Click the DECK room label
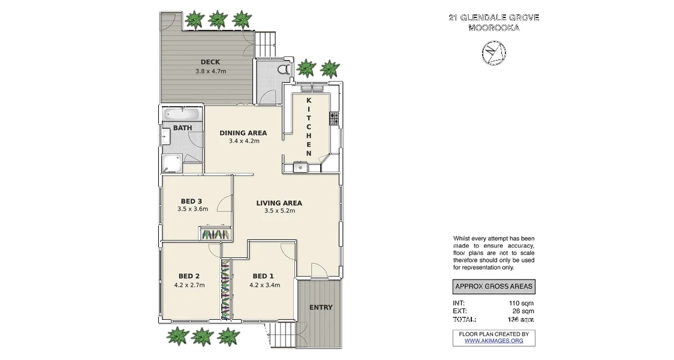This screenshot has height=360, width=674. click(x=210, y=62)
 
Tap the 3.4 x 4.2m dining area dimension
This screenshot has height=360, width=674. click(x=243, y=142)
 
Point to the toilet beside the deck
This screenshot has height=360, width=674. click(x=284, y=71)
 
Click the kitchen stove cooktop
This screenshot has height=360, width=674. click(x=334, y=119)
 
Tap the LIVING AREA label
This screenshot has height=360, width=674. click(x=279, y=202)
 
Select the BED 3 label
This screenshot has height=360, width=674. click(x=192, y=201)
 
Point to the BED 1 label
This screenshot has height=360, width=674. click(x=264, y=277)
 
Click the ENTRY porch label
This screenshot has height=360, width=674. click(x=321, y=308)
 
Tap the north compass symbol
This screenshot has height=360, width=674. click(x=493, y=53)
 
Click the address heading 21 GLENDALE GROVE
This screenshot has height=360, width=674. click(x=494, y=17)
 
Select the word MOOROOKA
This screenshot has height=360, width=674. click(x=494, y=28)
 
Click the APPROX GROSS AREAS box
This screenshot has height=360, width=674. click(x=493, y=286)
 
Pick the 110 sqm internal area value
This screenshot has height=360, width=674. click(x=521, y=303)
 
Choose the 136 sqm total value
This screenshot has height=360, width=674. click(x=520, y=319)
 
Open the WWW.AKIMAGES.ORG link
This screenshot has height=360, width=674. click(x=494, y=341)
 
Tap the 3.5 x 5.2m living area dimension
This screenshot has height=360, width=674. click(x=279, y=211)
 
